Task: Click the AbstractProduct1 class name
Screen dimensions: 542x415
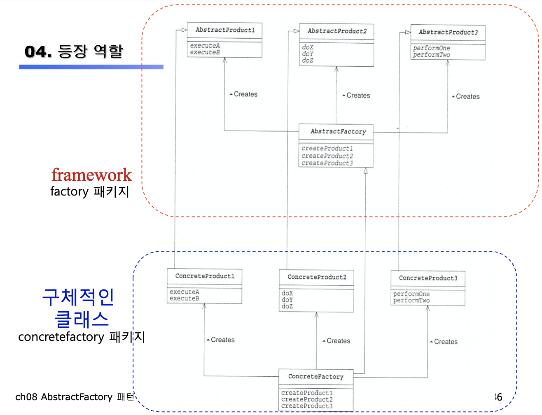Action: coord(225,30)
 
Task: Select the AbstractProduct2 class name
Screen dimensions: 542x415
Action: coord(337,31)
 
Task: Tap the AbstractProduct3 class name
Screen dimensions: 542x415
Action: coord(448,32)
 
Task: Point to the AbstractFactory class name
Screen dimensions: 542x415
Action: coord(338,131)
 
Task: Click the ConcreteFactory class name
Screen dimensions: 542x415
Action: coord(316,376)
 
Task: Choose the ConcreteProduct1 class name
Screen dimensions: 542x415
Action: coord(205,276)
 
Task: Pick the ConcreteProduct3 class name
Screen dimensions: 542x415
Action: coord(428,278)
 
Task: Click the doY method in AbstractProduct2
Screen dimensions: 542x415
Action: coord(308,54)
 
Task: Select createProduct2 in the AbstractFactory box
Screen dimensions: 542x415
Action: coord(327,156)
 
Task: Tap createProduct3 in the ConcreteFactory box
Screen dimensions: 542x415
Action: coord(307,406)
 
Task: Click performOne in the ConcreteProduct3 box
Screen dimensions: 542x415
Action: coord(411,294)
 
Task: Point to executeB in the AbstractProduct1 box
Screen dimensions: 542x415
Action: coord(205,52)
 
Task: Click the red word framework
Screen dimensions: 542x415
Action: coord(91,175)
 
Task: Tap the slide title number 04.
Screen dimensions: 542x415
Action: coord(38,51)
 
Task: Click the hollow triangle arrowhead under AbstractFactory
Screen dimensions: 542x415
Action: coord(365,171)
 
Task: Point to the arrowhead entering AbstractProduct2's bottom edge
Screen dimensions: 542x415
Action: coord(336,69)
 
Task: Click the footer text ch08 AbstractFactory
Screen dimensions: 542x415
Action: coord(63,397)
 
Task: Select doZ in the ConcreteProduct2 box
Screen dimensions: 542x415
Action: coord(287,306)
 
